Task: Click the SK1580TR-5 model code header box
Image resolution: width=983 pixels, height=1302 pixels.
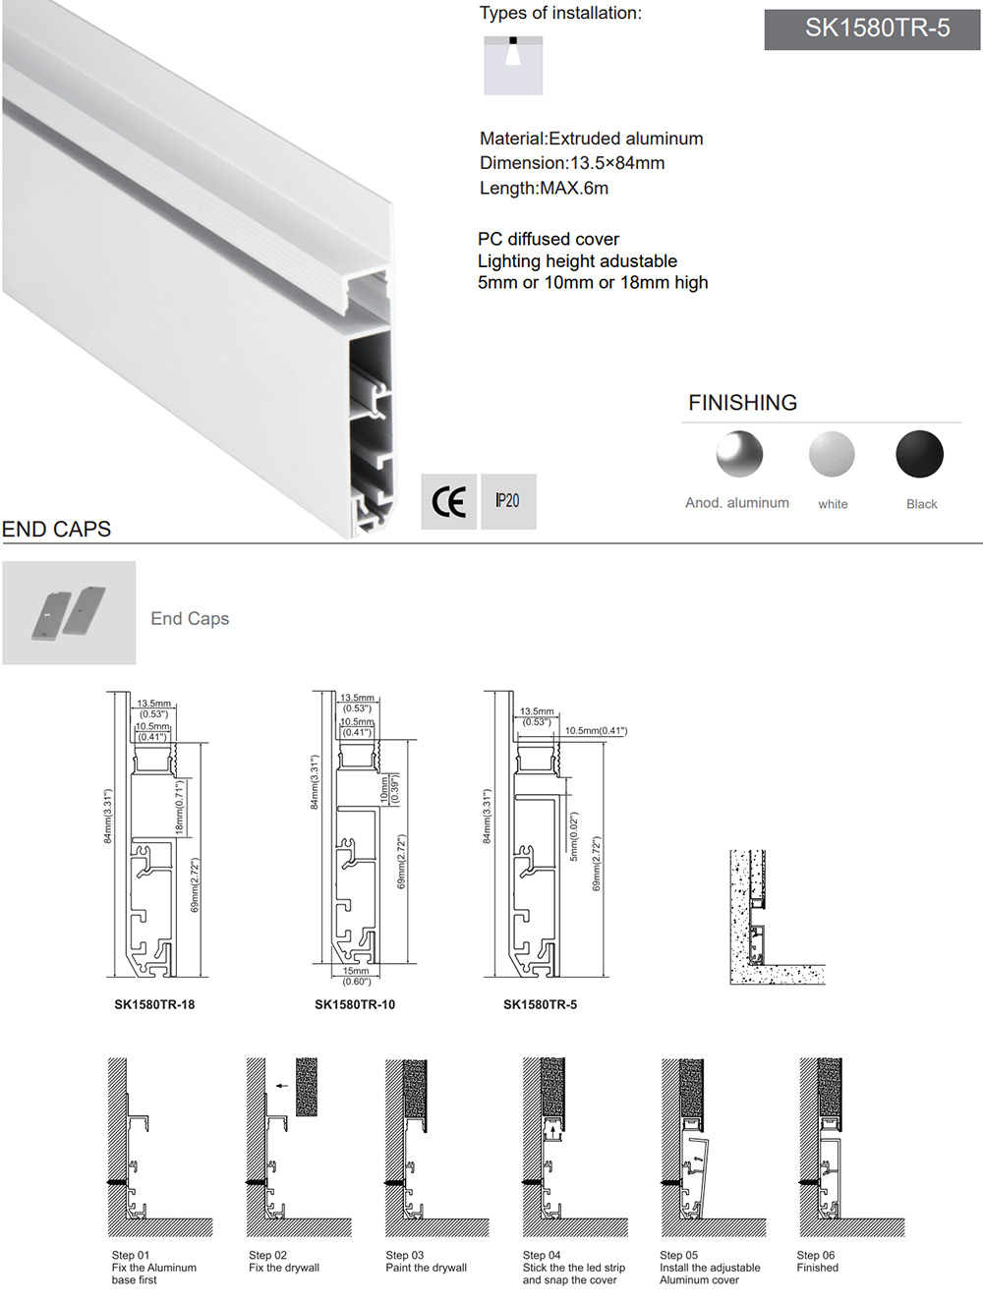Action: click(x=872, y=28)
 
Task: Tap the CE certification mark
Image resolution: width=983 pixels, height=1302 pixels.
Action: click(x=449, y=502)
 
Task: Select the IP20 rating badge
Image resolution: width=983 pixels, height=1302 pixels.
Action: click(x=508, y=501)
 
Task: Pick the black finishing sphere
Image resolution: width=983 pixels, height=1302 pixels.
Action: click(x=919, y=454)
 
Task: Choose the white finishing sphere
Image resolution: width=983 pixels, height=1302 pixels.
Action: click(x=832, y=454)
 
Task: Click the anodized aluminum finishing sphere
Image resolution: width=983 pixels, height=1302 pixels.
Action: click(x=739, y=454)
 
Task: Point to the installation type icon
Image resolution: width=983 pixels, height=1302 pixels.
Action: click(x=513, y=65)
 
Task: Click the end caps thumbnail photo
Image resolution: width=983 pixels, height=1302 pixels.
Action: click(x=69, y=612)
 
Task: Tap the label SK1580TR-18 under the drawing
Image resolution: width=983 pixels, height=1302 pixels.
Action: click(x=154, y=1004)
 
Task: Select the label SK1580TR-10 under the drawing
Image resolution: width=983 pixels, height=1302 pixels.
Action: click(x=355, y=1004)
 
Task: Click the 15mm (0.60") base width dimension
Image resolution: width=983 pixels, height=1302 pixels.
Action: click(x=356, y=976)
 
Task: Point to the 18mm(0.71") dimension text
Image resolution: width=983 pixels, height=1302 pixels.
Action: click(x=179, y=808)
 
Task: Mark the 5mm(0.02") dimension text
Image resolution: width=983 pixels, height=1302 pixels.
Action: click(x=574, y=836)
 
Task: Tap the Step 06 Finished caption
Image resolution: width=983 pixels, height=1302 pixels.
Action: click(x=817, y=1262)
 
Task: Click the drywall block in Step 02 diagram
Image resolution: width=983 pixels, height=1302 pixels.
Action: click(x=307, y=1086)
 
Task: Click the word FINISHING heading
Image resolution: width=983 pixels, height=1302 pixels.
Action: click(x=742, y=403)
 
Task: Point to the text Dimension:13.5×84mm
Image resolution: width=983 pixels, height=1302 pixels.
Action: click(x=572, y=163)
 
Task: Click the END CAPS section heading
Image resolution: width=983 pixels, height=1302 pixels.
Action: click(x=56, y=530)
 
